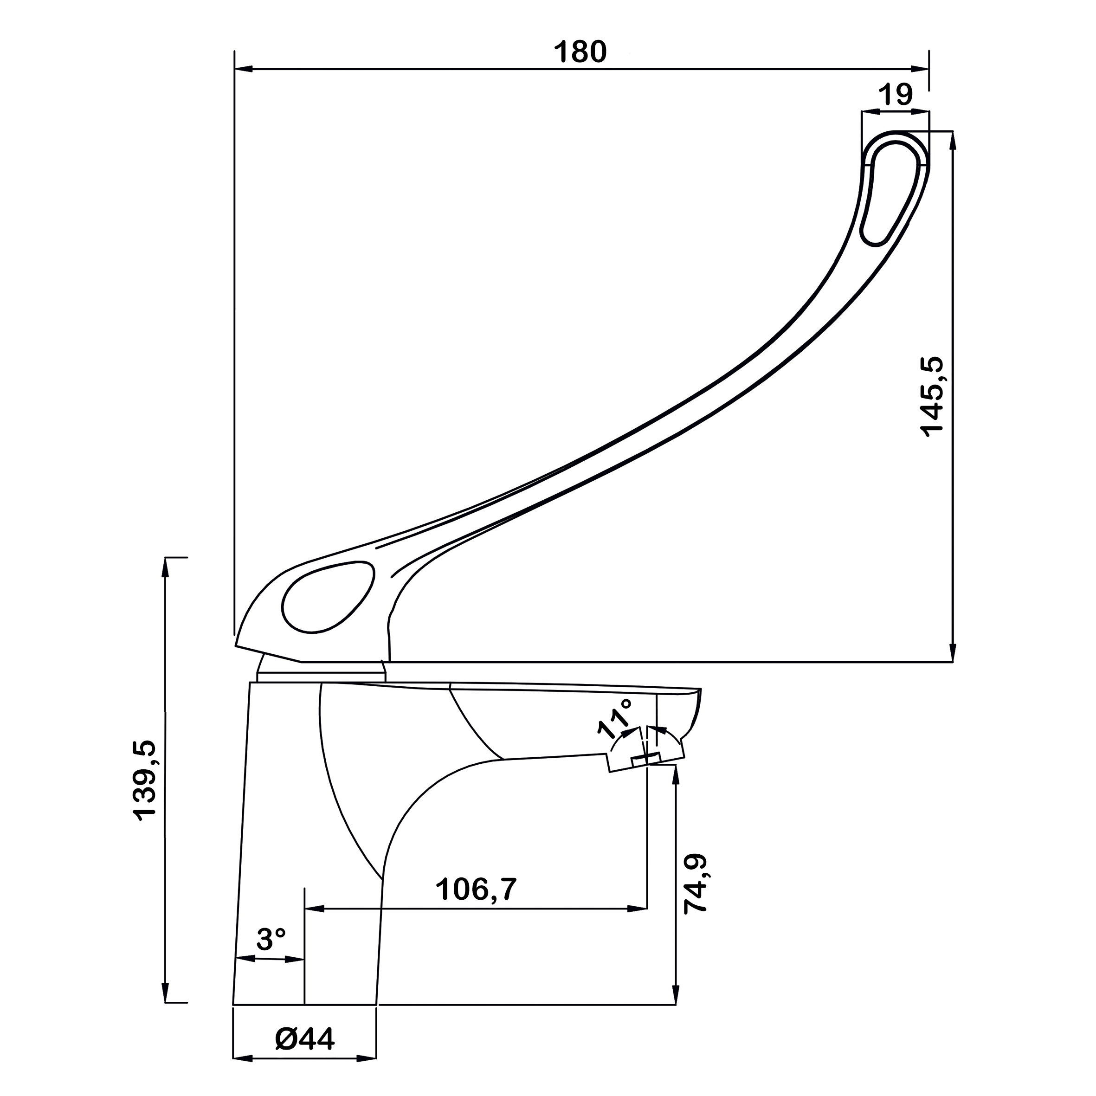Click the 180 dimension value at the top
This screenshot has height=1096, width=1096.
(x=580, y=52)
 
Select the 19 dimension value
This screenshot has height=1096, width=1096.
(x=896, y=95)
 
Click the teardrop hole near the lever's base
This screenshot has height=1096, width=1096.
(x=329, y=597)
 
